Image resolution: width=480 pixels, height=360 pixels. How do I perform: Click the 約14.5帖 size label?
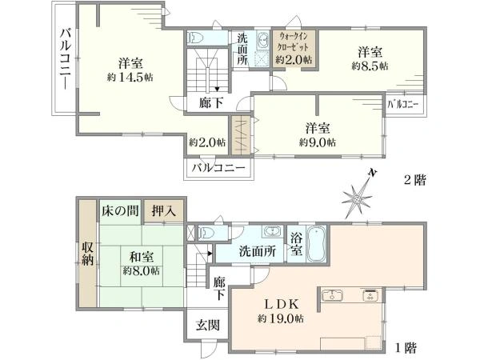[130, 78]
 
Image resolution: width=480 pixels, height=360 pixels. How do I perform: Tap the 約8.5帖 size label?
[370, 66]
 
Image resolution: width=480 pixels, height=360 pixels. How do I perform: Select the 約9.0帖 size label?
[317, 142]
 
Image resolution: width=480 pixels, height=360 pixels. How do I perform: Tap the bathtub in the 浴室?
[317, 244]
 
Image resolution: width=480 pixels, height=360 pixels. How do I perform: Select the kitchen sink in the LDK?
[332, 295]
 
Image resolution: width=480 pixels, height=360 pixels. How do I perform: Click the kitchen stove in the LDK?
[371, 295]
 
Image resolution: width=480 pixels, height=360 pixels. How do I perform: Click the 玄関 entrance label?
[208, 325]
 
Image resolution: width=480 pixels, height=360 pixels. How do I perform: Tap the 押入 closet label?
[164, 211]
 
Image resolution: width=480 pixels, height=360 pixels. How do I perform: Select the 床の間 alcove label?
[120, 211]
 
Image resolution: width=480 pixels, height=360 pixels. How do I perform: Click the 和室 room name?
[141, 258]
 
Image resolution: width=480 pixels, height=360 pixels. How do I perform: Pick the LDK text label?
[281, 305]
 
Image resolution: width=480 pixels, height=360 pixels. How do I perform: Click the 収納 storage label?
[87, 254]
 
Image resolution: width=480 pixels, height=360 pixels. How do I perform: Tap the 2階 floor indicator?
[414, 180]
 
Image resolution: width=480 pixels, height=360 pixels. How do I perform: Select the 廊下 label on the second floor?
[210, 103]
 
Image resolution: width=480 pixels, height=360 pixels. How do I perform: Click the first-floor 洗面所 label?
[257, 252]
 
